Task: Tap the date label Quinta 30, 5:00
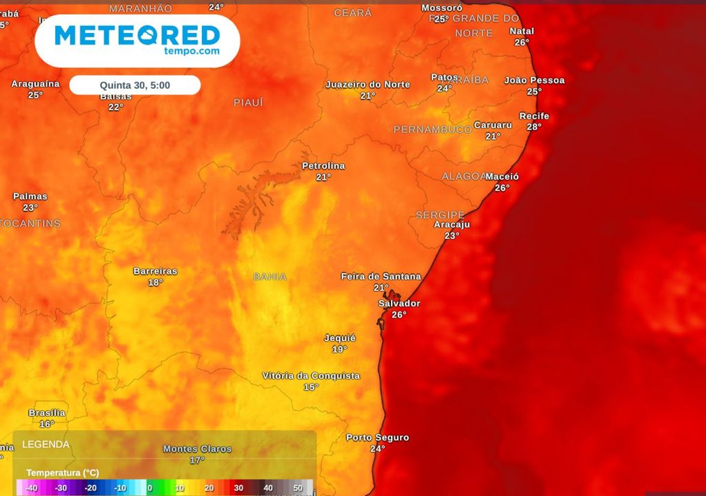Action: point(135,85)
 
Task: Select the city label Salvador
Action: point(399,303)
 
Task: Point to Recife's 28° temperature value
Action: point(534,127)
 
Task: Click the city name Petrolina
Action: point(323,166)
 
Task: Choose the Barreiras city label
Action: point(155,271)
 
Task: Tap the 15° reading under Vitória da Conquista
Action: point(312,387)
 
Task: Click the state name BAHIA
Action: point(270,277)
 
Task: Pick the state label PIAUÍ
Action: point(248,103)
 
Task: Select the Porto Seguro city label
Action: point(377,437)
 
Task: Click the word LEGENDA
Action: point(46,444)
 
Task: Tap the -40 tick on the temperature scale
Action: point(31,488)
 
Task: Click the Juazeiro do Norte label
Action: point(367,85)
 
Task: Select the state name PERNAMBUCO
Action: point(432,130)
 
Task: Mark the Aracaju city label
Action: point(452,225)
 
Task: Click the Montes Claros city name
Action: point(197,449)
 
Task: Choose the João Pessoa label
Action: point(534,81)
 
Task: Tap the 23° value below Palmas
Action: point(30,207)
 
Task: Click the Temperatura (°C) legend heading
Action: point(63,473)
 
